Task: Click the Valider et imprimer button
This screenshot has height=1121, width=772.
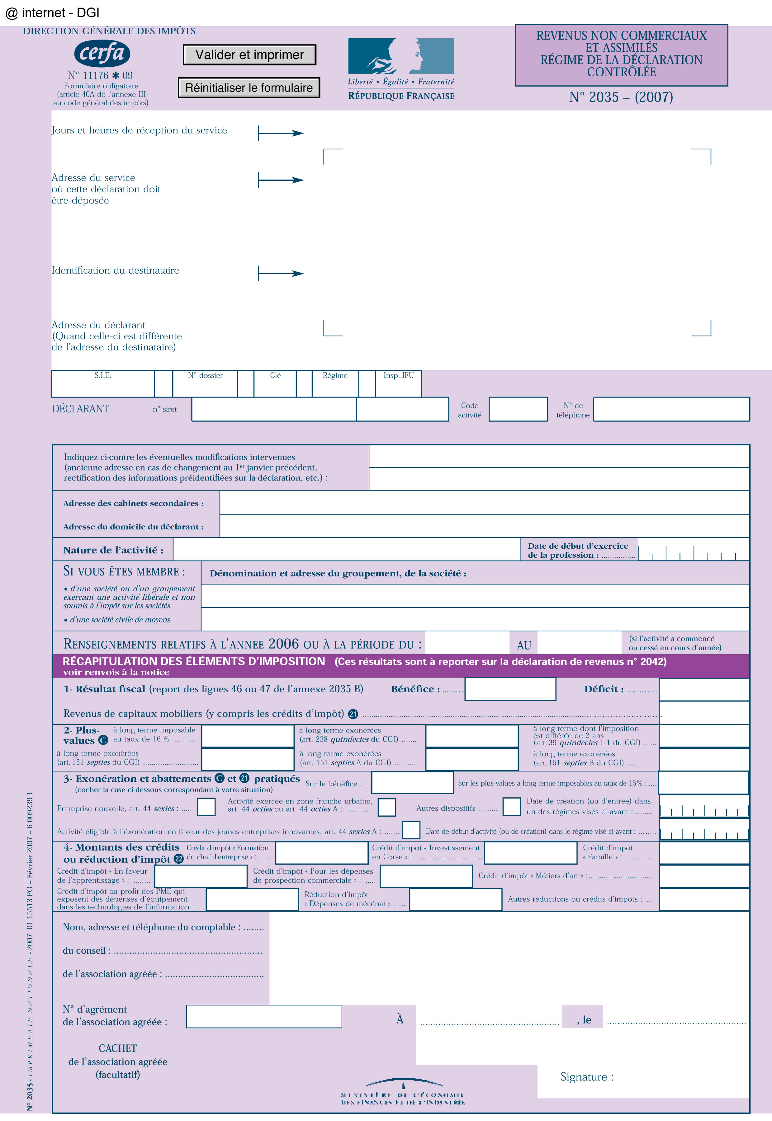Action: tap(249, 55)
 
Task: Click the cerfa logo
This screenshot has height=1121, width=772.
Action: tap(102, 53)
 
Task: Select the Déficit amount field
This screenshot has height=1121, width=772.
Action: tap(704, 689)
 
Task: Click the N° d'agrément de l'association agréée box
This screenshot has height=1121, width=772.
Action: tap(264, 1016)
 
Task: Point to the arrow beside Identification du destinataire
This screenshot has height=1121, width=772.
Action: tap(281, 273)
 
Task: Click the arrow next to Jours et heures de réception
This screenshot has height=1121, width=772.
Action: tap(281, 133)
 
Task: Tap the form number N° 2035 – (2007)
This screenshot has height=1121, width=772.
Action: tap(621, 97)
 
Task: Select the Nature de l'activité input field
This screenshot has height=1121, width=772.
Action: tap(346, 550)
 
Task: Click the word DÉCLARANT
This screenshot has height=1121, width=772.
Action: tap(80, 409)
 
